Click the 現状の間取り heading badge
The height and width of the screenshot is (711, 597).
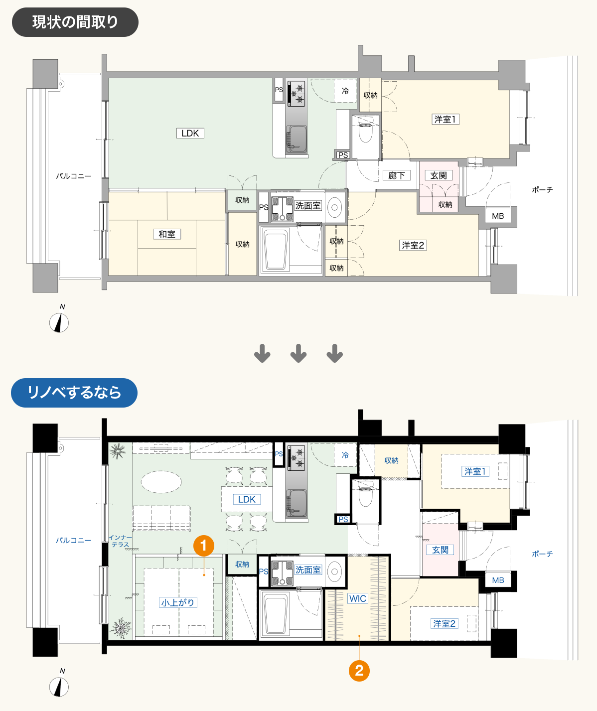tap(75, 22)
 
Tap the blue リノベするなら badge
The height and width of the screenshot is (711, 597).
tap(74, 393)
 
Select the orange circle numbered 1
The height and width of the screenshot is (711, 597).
tap(204, 546)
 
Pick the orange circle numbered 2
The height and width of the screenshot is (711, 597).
tap(359, 671)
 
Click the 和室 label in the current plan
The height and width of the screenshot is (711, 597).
tap(167, 234)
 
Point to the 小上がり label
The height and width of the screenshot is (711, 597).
tap(178, 602)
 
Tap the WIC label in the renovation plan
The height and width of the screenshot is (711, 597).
tap(358, 598)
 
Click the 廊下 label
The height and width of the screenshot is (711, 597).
tap(396, 175)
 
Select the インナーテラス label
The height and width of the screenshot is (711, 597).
tap(120, 541)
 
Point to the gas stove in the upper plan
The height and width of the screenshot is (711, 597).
tap(296, 94)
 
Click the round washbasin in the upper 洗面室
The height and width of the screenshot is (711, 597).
tap(335, 207)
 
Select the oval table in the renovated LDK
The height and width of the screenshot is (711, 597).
tap(161, 482)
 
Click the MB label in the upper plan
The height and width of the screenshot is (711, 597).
tap(498, 216)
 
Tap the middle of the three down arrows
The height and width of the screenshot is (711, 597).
tap(298, 353)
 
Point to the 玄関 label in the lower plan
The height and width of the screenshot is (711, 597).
tap(440, 550)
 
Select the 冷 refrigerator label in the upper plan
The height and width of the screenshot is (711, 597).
tap(345, 91)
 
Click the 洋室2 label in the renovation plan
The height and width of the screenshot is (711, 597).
tap(444, 623)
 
